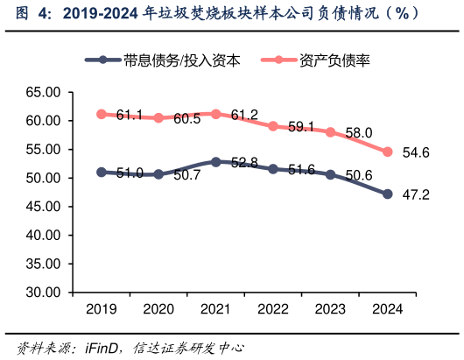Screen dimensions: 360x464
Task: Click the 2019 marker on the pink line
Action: click(102, 114)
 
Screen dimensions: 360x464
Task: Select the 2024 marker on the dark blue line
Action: click(388, 194)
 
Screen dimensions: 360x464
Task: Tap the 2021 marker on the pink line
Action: click(216, 114)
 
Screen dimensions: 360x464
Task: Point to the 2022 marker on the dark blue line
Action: click(273, 169)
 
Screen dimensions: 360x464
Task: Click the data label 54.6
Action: click(415, 152)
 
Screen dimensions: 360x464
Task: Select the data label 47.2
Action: click(415, 194)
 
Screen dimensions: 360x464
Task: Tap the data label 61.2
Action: click(244, 115)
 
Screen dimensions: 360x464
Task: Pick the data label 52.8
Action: click(244, 163)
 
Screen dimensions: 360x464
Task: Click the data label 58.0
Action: click(359, 132)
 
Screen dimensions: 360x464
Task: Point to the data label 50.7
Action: click(187, 175)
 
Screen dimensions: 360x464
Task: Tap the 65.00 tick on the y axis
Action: click(42, 92)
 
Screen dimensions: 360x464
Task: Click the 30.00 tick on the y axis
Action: click(42, 293)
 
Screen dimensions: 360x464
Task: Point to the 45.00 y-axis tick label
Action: click(42, 207)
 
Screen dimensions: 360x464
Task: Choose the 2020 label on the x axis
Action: click(158, 308)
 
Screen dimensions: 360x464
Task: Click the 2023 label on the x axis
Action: click(330, 308)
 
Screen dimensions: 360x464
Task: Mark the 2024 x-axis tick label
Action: click(388, 308)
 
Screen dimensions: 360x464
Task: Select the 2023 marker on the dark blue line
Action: click(330, 174)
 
